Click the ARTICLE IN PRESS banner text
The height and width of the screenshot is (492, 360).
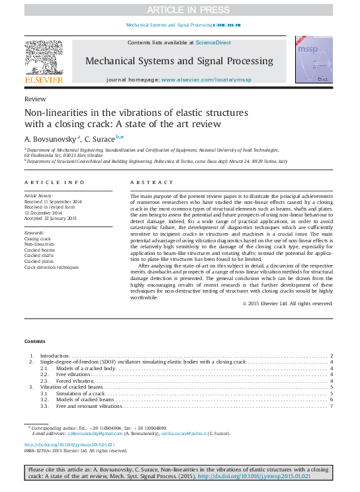coord(179,9)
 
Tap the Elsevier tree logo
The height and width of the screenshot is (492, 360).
coord(44,57)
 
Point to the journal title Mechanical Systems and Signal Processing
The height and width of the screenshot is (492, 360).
coord(179,61)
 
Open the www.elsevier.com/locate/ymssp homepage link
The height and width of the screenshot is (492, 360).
coord(206,79)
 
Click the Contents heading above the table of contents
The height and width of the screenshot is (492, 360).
coord(35,341)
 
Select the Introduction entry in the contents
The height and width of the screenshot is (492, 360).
coord(55,356)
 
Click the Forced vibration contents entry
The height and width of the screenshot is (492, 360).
coord(76,381)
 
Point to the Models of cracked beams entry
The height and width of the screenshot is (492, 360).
coord(86,399)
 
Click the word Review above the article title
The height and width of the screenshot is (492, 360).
coord(30,99)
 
